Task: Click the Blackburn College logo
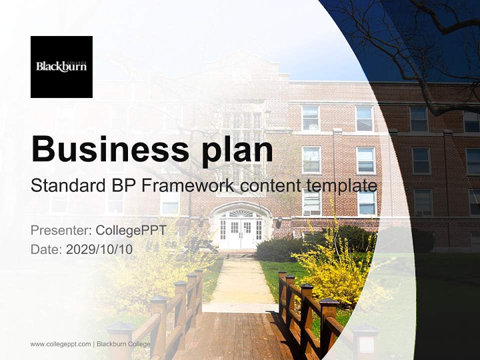[61, 66]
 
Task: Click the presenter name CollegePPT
[130, 230]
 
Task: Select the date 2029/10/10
[99, 249]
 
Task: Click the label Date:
[46, 249]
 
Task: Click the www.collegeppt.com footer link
[60, 344]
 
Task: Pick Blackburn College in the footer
[123, 344]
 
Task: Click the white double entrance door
[240, 233]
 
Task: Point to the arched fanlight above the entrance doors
[241, 213]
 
